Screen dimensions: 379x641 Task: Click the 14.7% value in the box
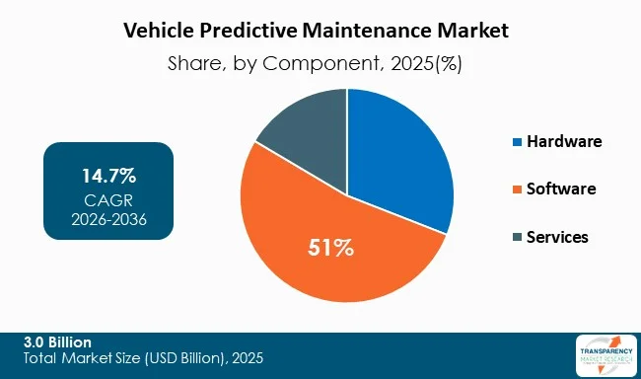[108, 178]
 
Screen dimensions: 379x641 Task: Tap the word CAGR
[108, 200]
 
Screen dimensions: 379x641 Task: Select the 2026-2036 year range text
[108, 220]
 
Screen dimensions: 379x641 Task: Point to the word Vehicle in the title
[159, 31]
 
